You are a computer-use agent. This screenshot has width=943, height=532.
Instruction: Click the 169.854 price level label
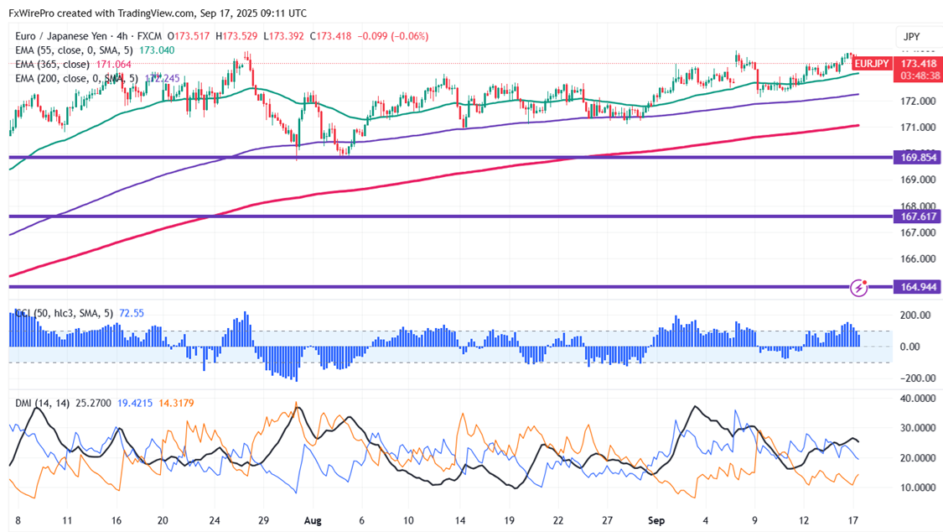[x=920, y=157]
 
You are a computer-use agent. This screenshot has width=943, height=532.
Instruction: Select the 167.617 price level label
[x=920, y=216]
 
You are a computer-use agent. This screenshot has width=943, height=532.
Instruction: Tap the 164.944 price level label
[x=920, y=287]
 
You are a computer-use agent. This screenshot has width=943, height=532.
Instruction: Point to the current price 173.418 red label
[x=919, y=63]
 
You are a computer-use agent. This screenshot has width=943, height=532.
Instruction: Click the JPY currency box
[x=912, y=37]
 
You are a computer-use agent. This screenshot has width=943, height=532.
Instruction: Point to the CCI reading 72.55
[x=132, y=313]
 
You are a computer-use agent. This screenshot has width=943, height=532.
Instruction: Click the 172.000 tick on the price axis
[x=917, y=102]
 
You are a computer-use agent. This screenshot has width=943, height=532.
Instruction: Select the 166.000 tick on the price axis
[x=917, y=259]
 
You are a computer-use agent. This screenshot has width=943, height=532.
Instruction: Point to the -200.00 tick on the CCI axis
[x=915, y=378]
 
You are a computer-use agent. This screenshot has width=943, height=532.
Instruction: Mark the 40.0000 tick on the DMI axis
[x=918, y=399]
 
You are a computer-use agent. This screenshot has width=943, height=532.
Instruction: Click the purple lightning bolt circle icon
[x=858, y=288]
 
